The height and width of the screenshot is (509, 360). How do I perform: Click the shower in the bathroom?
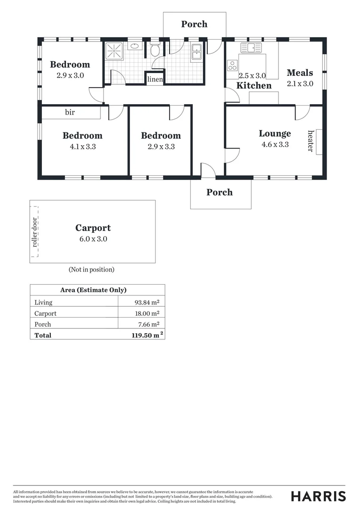114,51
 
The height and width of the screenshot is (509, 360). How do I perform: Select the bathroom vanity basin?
135,46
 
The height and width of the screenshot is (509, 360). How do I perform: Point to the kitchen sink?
251,48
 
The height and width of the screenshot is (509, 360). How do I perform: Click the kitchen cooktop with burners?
232,67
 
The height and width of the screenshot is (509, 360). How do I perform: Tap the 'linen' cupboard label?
155,79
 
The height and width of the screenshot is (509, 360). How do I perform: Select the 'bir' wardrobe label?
70,113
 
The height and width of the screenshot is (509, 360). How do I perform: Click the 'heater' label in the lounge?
311,140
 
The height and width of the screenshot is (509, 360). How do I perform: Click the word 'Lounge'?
275,133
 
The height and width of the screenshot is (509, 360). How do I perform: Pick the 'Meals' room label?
300,73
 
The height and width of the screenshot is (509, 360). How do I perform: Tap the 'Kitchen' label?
254,85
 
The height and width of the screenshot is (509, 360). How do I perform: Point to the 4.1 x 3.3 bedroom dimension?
82,147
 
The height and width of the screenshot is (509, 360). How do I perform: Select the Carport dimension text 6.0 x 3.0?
93,239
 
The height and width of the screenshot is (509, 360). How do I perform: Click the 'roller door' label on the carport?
34,232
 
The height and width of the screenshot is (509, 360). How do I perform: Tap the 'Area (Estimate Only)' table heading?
93,290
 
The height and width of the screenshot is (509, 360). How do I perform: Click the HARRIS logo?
318,496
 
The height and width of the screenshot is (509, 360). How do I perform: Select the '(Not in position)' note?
91,270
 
